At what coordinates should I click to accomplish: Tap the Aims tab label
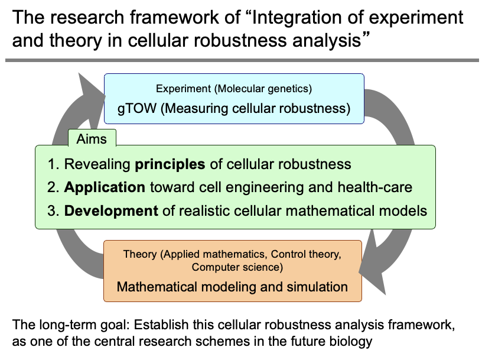(x=92, y=138)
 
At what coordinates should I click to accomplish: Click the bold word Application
(x=105, y=187)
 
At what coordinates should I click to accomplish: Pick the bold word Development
(x=112, y=210)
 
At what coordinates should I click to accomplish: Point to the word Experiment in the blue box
(x=184, y=89)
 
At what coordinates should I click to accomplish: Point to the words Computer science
(x=234, y=268)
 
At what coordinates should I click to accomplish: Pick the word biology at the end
(x=353, y=341)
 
